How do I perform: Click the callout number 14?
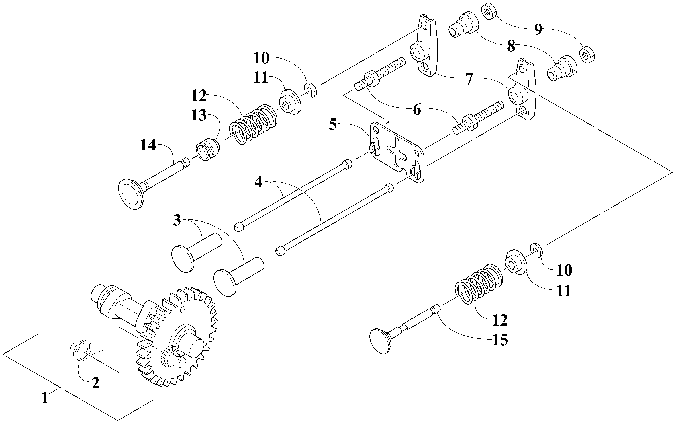pos(148,145)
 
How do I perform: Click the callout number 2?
pos(95,383)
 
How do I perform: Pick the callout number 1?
pos(45,398)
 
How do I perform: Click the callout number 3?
pos(177,221)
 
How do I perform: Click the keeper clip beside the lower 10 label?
pos(535,249)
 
